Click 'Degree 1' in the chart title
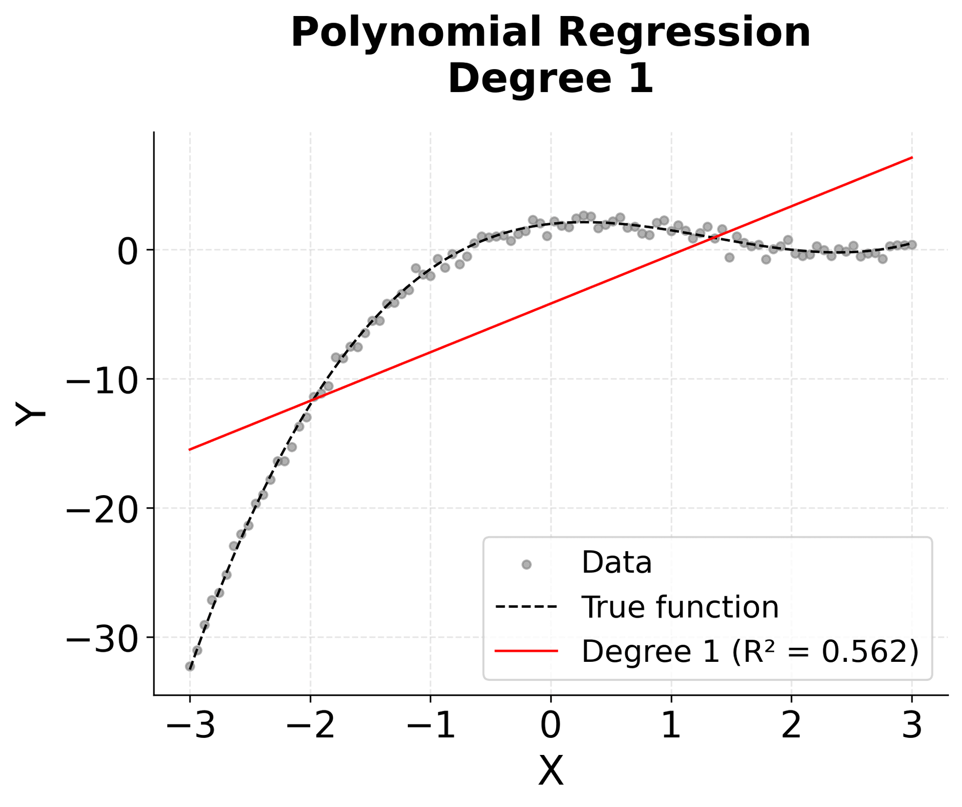pyautogui.click(x=551, y=79)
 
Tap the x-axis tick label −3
pyautogui.click(x=190, y=726)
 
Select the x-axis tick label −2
pyautogui.click(x=310, y=726)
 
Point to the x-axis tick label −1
pyautogui.click(x=430, y=726)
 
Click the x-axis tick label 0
pyautogui.click(x=551, y=726)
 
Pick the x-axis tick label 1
pyautogui.click(x=671, y=726)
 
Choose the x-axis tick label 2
pyautogui.click(x=791, y=726)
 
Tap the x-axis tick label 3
pyautogui.click(x=911, y=726)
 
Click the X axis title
pyautogui.click(x=551, y=771)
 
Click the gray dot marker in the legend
pyautogui.click(x=526, y=565)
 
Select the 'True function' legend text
pyautogui.click(x=680, y=608)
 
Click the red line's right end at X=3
pyautogui.click(x=911, y=158)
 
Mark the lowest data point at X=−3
pyautogui.click(x=190, y=666)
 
